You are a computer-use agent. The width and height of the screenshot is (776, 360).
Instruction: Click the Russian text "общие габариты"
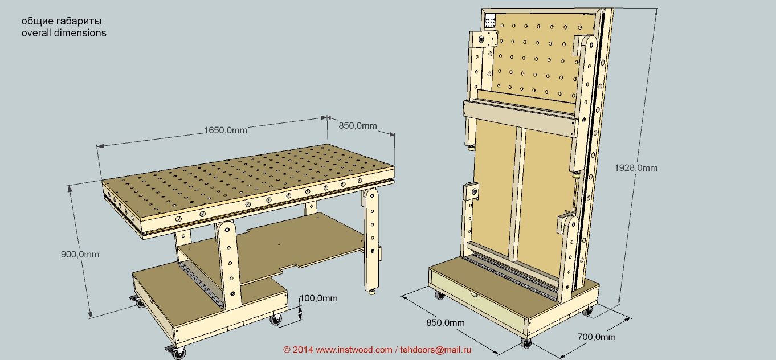click(x=62, y=21)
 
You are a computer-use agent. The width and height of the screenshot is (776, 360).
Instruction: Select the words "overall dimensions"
click(x=64, y=33)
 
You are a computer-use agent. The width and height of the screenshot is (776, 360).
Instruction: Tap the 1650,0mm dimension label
click(x=226, y=130)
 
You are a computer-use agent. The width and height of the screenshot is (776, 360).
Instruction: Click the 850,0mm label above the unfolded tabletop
click(x=358, y=125)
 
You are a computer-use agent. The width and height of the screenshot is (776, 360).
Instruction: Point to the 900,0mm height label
click(x=80, y=254)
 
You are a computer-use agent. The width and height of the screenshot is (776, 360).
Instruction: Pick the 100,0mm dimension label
click(x=318, y=298)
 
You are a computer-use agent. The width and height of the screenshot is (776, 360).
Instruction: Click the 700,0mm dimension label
click(x=597, y=337)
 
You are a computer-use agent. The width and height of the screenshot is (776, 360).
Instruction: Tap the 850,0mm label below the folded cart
click(x=446, y=322)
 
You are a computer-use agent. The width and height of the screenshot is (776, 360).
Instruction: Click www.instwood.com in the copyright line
click(x=353, y=349)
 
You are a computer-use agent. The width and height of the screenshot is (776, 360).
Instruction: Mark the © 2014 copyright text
click(x=298, y=349)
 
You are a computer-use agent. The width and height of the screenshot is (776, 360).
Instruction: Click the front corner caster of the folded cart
click(x=526, y=343)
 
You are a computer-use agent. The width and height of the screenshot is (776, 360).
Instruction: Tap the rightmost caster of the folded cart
click(x=588, y=311)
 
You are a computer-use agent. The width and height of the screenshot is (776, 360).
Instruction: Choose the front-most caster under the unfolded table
click(x=179, y=353)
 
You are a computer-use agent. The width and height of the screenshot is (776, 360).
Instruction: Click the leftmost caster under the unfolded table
click(x=139, y=303)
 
